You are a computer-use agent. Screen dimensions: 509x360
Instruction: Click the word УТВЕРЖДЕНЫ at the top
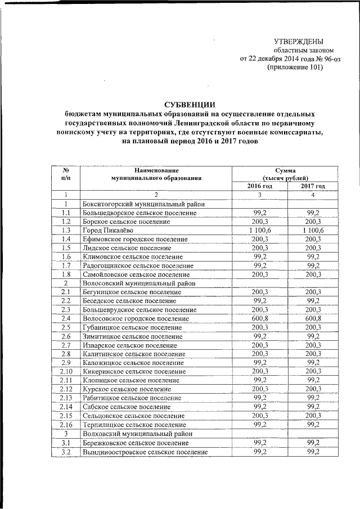[298, 41]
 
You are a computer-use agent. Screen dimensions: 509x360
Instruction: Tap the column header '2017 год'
[312, 186]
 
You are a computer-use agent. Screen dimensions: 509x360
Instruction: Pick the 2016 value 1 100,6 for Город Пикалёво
[260, 230]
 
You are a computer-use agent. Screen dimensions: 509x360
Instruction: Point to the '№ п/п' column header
[66, 174]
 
